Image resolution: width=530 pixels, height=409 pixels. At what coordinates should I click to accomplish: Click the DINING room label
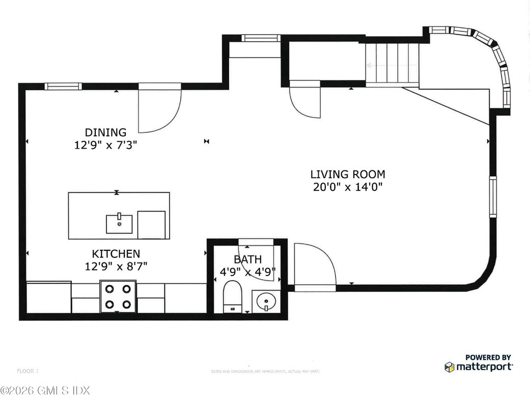105,132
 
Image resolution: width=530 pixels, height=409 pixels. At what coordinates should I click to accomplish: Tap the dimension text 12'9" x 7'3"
105,144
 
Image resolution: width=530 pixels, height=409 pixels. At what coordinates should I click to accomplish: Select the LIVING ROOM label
348,174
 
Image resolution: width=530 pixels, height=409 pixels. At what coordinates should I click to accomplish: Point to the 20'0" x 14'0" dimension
348,187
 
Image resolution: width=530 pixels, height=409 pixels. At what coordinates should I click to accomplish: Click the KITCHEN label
116,253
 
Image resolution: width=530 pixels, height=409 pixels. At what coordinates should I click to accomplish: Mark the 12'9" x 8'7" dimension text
116,266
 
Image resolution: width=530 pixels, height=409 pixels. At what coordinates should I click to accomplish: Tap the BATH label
248,260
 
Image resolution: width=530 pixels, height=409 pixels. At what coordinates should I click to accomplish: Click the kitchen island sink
119,223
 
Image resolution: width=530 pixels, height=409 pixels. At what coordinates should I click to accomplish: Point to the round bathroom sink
265,302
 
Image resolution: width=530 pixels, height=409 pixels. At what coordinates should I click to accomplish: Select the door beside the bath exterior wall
314,267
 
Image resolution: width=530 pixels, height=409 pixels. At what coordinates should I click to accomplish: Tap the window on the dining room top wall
64,86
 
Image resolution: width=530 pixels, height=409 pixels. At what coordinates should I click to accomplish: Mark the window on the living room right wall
493,196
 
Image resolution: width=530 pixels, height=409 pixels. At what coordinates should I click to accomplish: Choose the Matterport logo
479,364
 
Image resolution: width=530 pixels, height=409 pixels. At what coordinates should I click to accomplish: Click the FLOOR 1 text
28,370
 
